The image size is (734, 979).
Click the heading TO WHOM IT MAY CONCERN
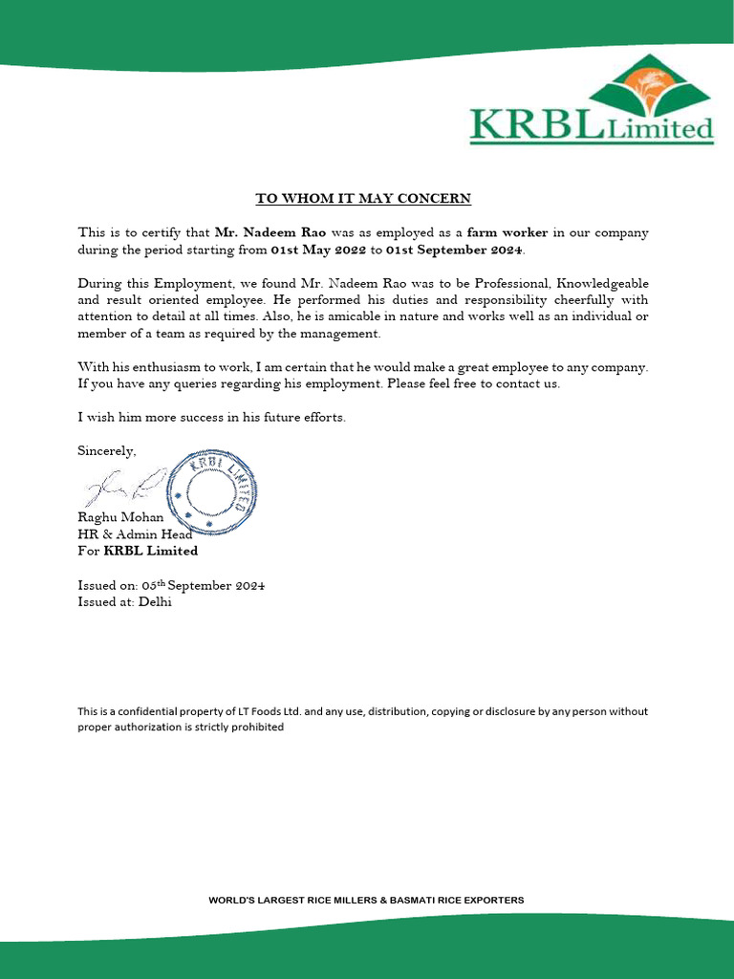(x=362, y=199)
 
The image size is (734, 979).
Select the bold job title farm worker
(x=507, y=232)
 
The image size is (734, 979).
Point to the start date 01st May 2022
(x=318, y=250)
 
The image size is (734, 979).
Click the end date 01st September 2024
(x=455, y=250)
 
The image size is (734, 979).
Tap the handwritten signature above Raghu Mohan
(x=125, y=487)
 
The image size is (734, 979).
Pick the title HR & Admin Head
(x=134, y=533)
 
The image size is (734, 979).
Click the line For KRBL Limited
(x=138, y=551)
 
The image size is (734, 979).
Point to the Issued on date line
(x=171, y=585)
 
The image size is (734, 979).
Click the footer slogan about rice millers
(x=366, y=900)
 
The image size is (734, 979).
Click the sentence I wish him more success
(x=211, y=417)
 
